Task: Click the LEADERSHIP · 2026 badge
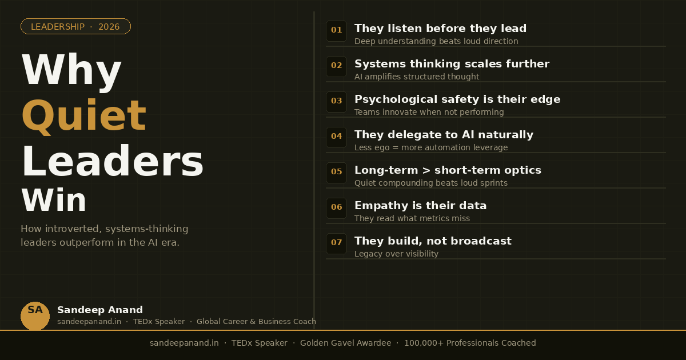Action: click(x=75, y=26)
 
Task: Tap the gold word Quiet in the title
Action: click(x=83, y=115)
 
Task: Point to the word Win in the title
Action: click(x=54, y=201)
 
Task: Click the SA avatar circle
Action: click(x=35, y=315)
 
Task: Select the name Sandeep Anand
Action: click(x=100, y=310)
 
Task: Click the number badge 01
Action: click(x=336, y=31)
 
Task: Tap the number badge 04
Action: click(x=336, y=137)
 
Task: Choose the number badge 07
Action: click(x=336, y=243)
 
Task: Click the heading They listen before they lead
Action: click(x=440, y=29)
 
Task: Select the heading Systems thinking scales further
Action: click(x=452, y=64)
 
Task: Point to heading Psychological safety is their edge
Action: click(x=457, y=99)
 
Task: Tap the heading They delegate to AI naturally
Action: click(x=444, y=135)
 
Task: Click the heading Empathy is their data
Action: click(x=420, y=206)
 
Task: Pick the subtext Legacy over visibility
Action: click(x=396, y=254)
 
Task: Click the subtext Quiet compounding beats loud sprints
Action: click(x=430, y=183)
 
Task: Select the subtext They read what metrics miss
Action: click(x=412, y=218)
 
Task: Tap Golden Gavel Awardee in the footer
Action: click(x=345, y=343)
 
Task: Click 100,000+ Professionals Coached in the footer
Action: click(x=470, y=343)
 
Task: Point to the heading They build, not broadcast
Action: click(x=433, y=241)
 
